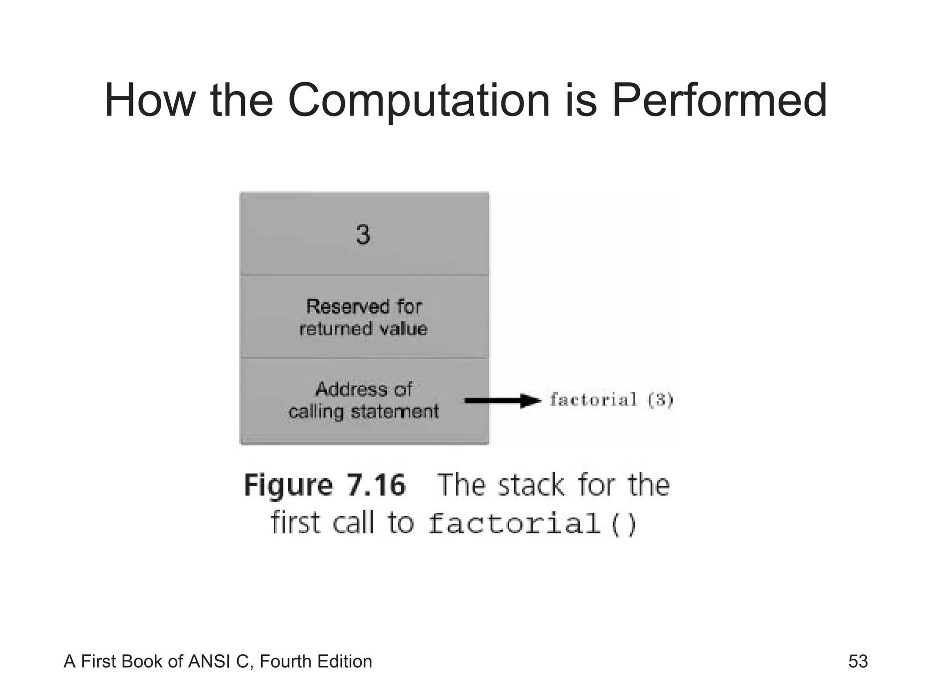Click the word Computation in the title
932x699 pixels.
coord(419,101)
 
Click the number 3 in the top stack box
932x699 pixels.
coord(363,235)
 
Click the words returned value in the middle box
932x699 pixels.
coord(364,329)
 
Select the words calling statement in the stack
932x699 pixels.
coord(364,412)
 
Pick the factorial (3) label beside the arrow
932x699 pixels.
coord(611,400)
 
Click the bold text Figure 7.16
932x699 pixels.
coord(324,485)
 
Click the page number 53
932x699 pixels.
coord(858,661)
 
